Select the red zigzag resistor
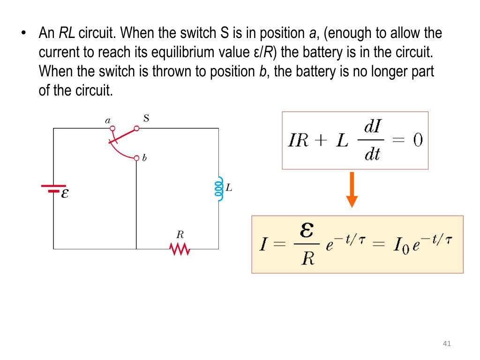click(180, 249)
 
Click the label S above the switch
click(146, 118)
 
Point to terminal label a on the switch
click(107, 120)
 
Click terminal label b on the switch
click(144, 158)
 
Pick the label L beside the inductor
click(229, 188)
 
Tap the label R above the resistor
click(180, 234)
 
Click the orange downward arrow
click(352, 189)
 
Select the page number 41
click(446, 345)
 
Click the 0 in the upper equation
click(417, 141)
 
